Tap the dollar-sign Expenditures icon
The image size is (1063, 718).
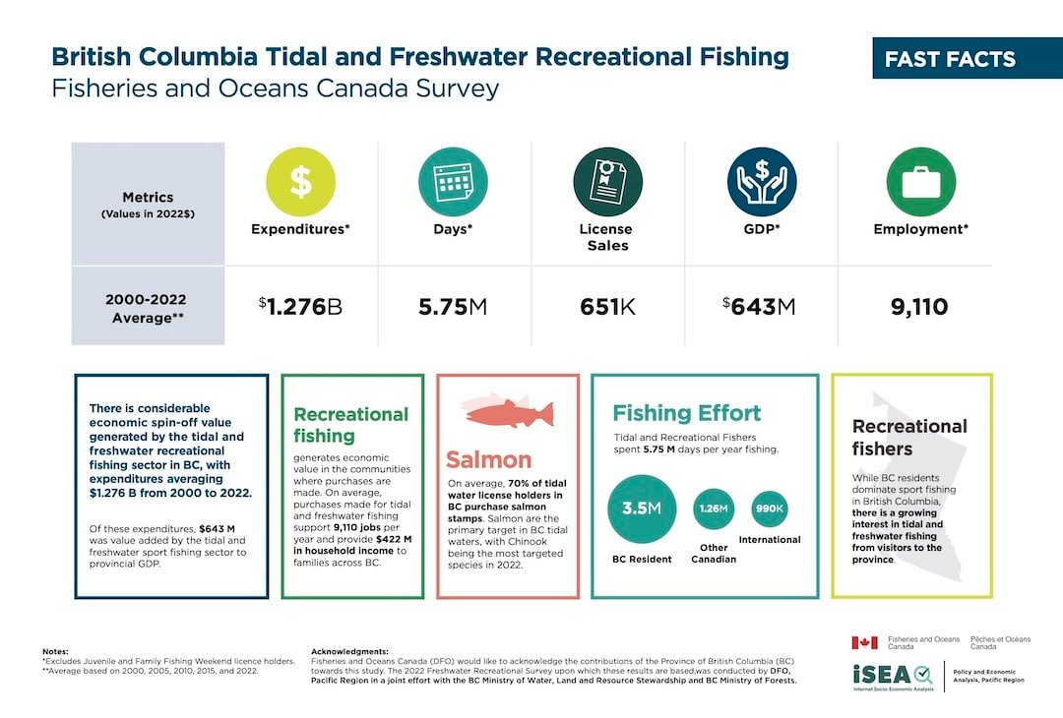301,182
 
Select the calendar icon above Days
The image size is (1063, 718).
454,182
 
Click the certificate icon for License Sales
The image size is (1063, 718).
607,182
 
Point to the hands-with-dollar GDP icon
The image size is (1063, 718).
762,182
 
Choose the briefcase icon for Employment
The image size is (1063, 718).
920,182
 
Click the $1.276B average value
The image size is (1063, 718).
301,307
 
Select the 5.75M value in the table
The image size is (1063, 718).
454,307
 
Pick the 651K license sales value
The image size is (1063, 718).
607,307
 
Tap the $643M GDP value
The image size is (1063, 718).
760,307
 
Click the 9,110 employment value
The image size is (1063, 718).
919,307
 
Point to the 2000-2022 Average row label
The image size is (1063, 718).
148,307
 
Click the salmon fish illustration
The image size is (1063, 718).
506,409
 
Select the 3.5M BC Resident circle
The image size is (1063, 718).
642,509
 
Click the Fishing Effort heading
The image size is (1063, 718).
686,413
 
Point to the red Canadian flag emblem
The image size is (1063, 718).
864,642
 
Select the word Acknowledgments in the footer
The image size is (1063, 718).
349,651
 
